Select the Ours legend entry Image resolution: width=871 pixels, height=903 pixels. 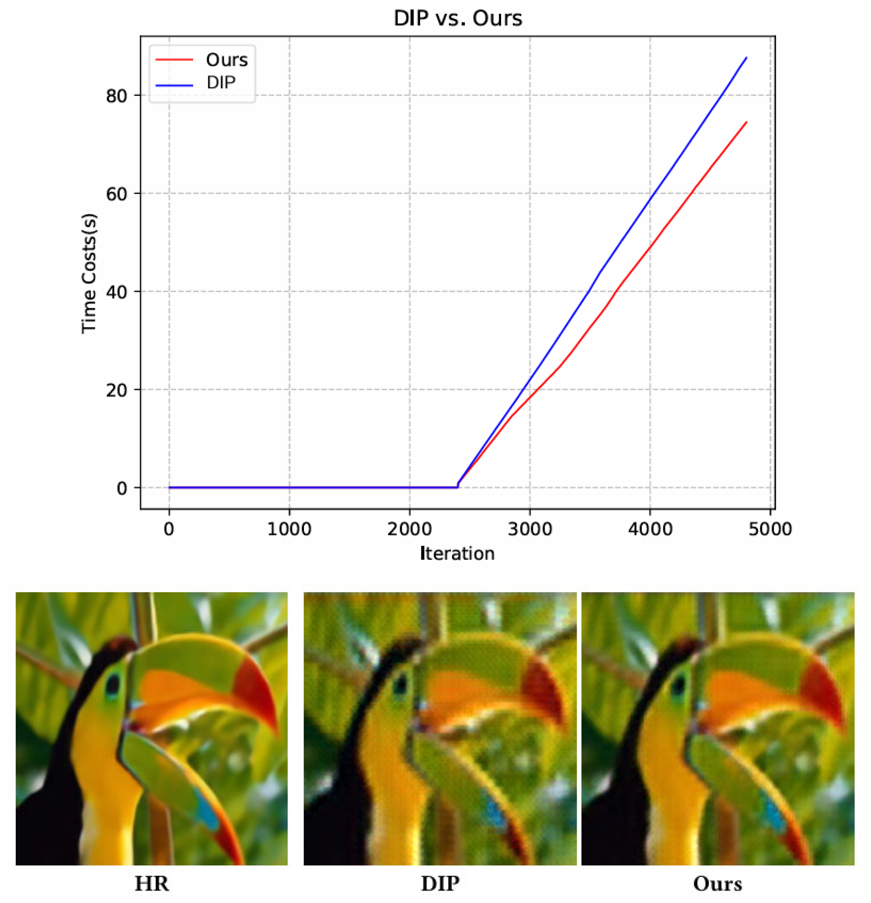click(226, 60)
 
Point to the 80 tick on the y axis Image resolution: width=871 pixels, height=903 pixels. click(116, 96)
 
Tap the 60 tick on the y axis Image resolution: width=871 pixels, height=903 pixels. click(116, 194)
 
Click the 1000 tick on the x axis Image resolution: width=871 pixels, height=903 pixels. click(289, 529)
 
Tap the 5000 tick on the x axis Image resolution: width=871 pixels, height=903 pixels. click(770, 529)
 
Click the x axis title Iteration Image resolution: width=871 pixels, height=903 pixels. click(457, 553)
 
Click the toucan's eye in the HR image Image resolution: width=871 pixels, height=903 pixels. click(112, 685)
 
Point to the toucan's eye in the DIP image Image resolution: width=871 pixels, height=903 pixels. click(401, 685)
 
